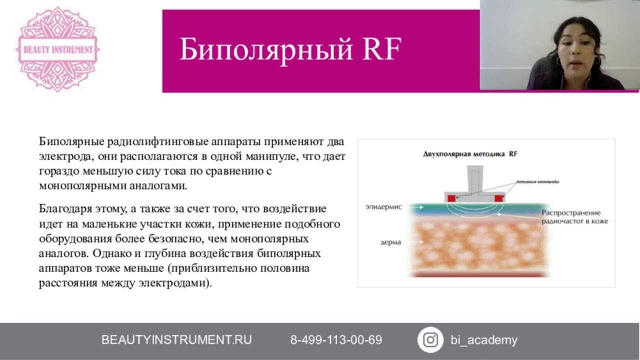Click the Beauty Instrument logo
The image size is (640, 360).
[58, 49]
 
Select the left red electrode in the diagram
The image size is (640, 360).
[451, 198]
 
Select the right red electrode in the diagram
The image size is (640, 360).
[498, 198]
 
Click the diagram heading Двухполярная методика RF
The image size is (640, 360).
[470, 154]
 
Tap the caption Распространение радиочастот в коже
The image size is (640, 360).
[574, 216]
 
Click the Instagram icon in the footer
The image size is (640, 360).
[430, 340]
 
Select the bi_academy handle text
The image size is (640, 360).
[483, 340]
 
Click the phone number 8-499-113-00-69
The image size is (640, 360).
[336, 340]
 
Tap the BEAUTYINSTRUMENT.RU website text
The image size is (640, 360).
[176, 340]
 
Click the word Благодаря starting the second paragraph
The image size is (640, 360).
[65, 208]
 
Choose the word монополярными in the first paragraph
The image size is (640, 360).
[77, 186]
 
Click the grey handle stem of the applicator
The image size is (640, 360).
[474, 178]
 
